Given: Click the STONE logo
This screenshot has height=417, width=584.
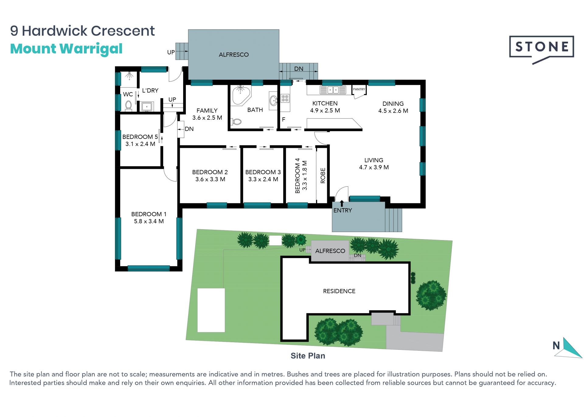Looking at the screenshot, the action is [x=541, y=49].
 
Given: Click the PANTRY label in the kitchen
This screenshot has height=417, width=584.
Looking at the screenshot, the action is [x=359, y=89].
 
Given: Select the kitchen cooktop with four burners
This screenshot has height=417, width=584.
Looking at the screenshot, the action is [x=285, y=98].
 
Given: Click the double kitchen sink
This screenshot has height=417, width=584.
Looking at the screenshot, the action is [x=333, y=90].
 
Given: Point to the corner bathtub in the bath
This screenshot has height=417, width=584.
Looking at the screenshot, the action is [x=241, y=95].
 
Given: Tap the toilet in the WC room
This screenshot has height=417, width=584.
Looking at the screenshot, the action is [x=129, y=105].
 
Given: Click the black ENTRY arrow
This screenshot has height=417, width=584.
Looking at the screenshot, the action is [x=342, y=203].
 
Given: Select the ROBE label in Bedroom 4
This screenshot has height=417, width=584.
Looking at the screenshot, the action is [x=323, y=175].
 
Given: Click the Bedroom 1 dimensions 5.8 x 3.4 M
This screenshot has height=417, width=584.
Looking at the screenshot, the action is [x=149, y=221].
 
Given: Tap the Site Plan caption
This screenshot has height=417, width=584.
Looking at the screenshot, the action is [x=308, y=356].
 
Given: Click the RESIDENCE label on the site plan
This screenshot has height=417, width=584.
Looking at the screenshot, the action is [x=339, y=291].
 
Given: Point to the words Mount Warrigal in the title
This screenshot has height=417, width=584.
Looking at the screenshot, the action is [x=66, y=49].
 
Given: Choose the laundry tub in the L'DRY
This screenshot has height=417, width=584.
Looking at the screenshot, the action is [x=147, y=107].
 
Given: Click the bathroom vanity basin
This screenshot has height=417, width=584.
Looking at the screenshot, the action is [x=273, y=100].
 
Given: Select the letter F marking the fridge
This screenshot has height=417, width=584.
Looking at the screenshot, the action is [x=283, y=119].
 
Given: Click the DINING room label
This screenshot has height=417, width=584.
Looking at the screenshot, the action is [x=393, y=104].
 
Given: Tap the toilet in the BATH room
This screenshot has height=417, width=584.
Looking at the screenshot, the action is [x=237, y=122].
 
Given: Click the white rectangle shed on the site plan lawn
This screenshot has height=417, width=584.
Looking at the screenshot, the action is [x=211, y=310].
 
